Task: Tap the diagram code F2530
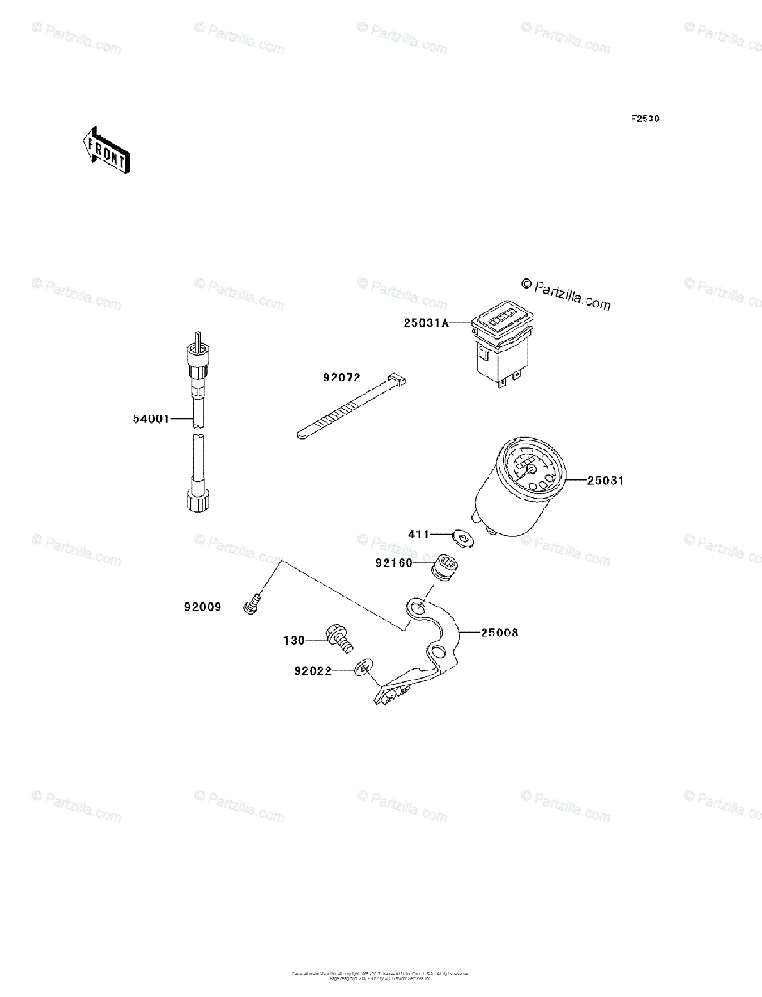(644, 120)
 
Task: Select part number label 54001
(150, 419)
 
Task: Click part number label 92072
(342, 377)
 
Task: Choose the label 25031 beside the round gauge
(606, 480)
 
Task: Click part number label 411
(418, 534)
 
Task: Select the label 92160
(393, 562)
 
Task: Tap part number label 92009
(203, 607)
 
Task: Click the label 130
(294, 640)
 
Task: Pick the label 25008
(499, 632)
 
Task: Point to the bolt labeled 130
(342, 638)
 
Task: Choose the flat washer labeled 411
(462, 537)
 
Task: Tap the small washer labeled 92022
(362, 667)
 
